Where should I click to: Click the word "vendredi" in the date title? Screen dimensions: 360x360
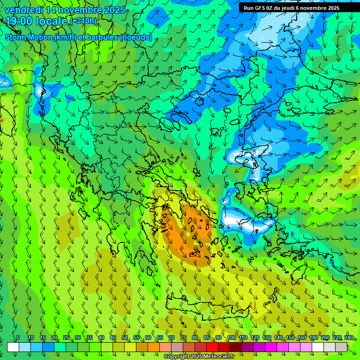click(23, 10)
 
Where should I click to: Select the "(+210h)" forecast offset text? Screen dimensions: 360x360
click(83, 21)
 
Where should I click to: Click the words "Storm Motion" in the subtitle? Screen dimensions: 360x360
click(28, 37)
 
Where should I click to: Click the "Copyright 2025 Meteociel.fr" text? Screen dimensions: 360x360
click(199, 356)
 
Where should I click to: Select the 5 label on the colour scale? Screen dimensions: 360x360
click(18, 337)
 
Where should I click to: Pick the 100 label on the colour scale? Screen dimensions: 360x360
click(231, 337)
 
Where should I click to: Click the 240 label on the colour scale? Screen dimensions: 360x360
click(348, 337)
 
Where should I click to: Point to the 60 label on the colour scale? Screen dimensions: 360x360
click(148, 337)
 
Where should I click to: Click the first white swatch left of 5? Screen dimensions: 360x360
click(13, 347)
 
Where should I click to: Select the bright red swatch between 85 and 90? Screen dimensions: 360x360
click(212, 347)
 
